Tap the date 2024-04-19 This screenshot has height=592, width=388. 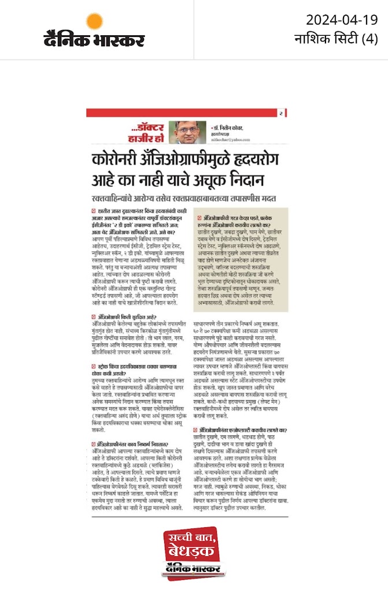(342, 20)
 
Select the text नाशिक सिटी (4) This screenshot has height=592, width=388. (336, 40)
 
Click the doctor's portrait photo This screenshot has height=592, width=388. (191, 132)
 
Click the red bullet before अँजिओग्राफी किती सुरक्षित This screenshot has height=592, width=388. (94, 317)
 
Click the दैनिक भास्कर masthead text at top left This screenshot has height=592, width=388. (94, 40)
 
